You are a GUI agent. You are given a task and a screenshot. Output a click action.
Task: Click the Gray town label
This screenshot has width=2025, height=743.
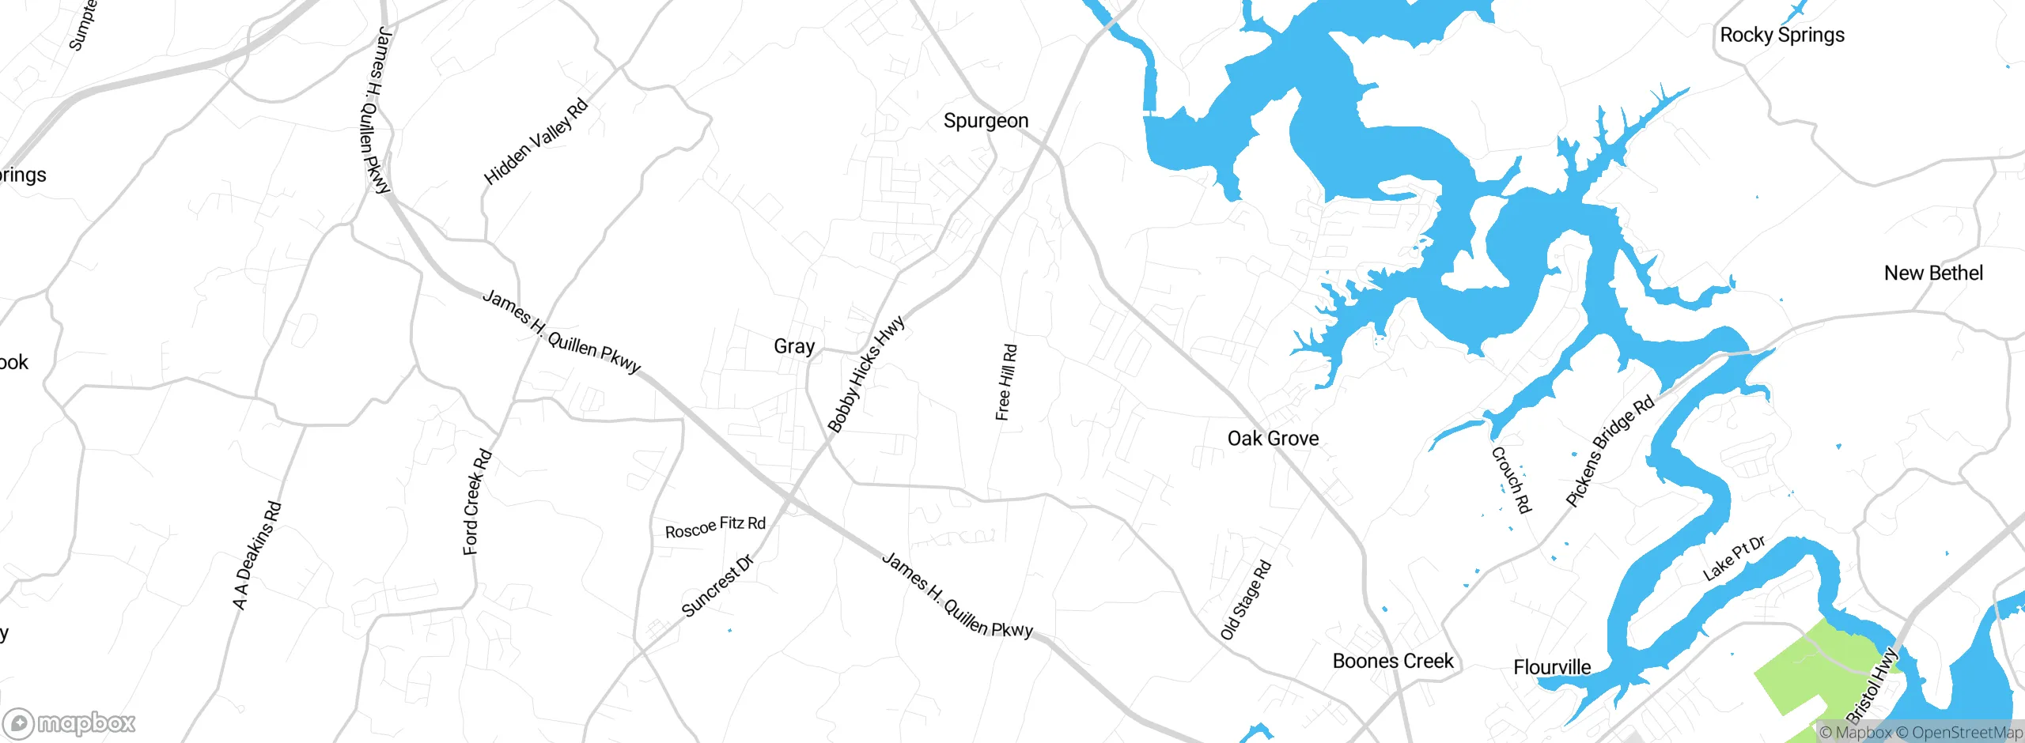(x=793, y=346)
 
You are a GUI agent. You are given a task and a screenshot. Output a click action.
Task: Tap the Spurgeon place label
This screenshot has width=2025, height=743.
(x=986, y=121)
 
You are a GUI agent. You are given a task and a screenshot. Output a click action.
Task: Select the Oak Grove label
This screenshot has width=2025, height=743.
(x=1273, y=439)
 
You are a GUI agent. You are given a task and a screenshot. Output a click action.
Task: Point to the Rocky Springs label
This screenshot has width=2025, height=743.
(x=1781, y=36)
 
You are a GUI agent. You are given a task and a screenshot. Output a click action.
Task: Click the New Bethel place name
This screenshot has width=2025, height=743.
(x=1933, y=273)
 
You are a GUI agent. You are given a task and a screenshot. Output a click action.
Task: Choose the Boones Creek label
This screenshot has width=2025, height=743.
(x=1392, y=661)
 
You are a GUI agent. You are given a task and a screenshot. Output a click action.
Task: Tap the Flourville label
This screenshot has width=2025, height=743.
(x=1551, y=667)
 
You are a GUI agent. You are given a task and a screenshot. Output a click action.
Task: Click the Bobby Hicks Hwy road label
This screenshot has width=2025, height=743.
(x=865, y=375)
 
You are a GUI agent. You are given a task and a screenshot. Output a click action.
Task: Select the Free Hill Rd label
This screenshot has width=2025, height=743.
(x=1006, y=382)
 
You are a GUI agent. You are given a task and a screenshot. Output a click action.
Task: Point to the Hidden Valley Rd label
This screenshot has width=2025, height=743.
(x=536, y=141)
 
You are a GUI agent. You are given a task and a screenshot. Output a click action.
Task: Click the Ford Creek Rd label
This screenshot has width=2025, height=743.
(x=477, y=502)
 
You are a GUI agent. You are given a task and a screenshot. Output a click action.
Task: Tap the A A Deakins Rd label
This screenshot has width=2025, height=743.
(x=257, y=555)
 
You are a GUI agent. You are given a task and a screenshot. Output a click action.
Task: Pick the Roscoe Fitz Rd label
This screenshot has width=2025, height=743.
(x=715, y=526)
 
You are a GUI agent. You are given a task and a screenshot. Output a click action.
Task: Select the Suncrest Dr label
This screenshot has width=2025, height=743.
(x=717, y=586)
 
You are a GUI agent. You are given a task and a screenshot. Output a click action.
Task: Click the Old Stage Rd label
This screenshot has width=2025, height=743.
(x=1245, y=600)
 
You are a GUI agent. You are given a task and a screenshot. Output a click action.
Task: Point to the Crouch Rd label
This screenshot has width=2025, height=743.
(x=1511, y=480)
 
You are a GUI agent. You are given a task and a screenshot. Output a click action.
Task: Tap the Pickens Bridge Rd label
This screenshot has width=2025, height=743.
(x=1610, y=451)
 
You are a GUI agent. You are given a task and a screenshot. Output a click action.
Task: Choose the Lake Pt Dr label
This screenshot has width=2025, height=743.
(x=1734, y=558)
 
